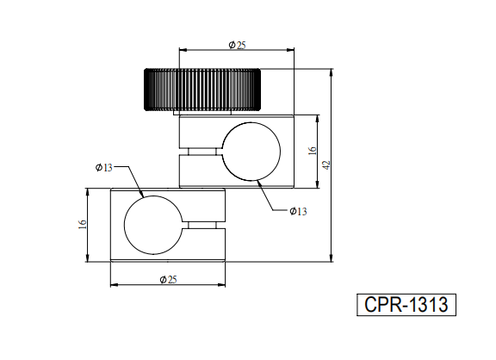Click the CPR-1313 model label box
406,305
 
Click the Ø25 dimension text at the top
237,46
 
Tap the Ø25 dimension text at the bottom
168,280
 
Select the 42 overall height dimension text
326,164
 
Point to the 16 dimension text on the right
313,151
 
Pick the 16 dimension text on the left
83,224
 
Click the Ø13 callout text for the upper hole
298,211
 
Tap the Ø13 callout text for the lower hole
103,167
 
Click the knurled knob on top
202,90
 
